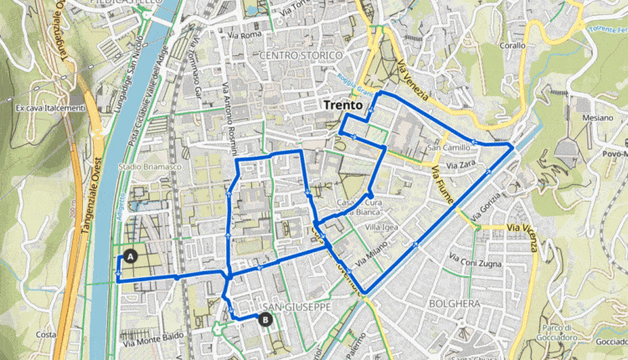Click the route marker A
(x=129, y=255)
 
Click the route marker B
(x=265, y=319)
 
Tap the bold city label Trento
(x=343, y=107)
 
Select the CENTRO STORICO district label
(x=301, y=55)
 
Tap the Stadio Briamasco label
(x=150, y=167)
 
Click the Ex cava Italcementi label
(x=50, y=107)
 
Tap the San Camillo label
(x=450, y=148)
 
